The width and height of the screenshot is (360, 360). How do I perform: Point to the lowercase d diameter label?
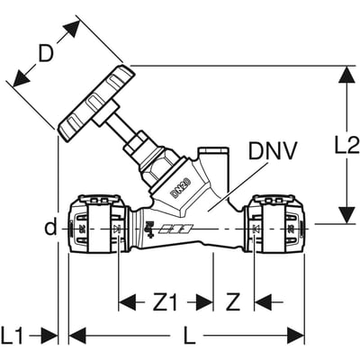pyautogui.click(x=50, y=229)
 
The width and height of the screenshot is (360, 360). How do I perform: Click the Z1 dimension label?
pyautogui.click(x=166, y=301)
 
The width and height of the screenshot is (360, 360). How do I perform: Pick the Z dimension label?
pyautogui.click(x=233, y=301)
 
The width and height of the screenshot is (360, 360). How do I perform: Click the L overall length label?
pyautogui.click(x=187, y=336)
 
